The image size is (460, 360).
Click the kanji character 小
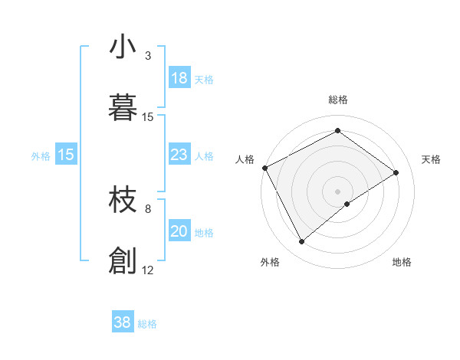click(x=123, y=47)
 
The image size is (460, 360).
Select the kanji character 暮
click(x=123, y=108)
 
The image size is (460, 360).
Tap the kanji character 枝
click(x=123, y=201)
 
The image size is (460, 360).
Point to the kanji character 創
click(x=123, y=260)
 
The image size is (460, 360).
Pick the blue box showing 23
click(x=179, y=155)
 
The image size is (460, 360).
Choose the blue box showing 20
click(x=179, y=232)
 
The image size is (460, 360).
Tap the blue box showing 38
click(x=123, y=322)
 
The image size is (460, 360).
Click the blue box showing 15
click(x=65, y=155)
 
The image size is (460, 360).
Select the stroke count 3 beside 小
click(x=148, y=56)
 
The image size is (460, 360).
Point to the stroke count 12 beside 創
click(x=148, y=270)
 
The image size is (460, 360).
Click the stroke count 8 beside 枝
click(x=148, y=208)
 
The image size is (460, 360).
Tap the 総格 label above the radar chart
click(x=338, y=100)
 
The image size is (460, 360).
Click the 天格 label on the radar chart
click(x=431, y=159)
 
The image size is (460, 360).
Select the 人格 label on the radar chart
click(x=245, y=159)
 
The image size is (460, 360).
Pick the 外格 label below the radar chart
click(x=270, y=262)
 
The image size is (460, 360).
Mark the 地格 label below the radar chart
click(x=402, y=262)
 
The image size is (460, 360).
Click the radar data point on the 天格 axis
click(x=396, y=172)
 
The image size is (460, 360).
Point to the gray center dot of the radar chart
click(x=337, y=191)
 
